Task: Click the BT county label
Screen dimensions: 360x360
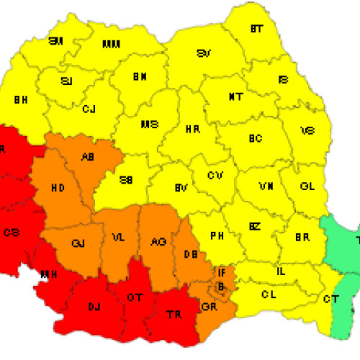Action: pyautogui.click(x=256, y=30)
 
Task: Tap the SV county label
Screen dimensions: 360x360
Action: pyautogui.click(x=204, y=54)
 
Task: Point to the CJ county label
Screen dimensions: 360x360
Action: pyautogui.click(x=89, y=109)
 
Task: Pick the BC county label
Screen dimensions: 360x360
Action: pyautogui.click(x=255, y=138)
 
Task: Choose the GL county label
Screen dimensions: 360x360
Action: pyautogui.click(x=307, y=186)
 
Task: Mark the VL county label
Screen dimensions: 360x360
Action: pyautogui.click(x=117, y=236)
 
